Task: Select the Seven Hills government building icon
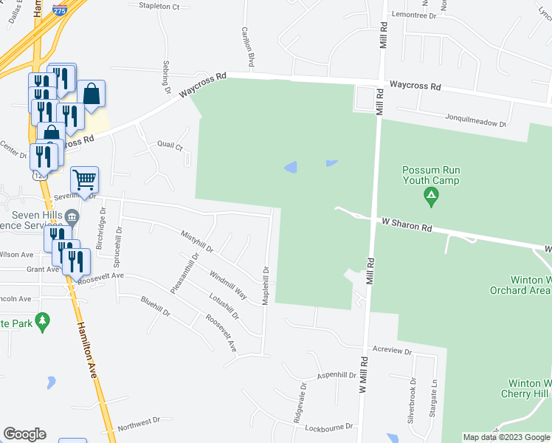[72, 216]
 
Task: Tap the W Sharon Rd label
[406, 224]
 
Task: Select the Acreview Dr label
[392, 351]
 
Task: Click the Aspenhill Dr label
[337, 375]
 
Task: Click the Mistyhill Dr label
[196, 241]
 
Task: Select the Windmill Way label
[228, 284]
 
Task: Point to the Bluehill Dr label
[155, 307]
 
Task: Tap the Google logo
[24, 434]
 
